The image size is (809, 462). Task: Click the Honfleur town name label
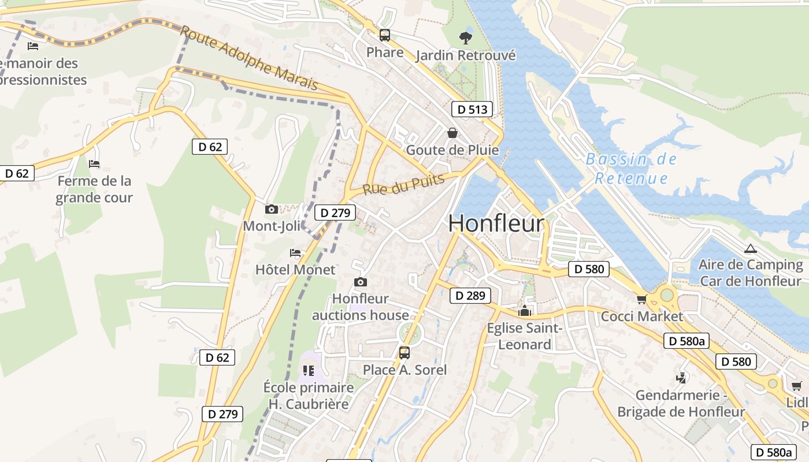(496, 223)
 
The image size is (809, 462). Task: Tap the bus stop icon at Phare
(385, 35)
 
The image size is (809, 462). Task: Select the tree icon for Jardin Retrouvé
(465, 38)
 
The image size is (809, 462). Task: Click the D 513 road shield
(473, 109)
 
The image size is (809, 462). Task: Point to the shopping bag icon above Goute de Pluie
(452, 133)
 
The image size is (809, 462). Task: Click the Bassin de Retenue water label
(631, 169)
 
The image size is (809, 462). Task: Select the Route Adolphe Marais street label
(249, 57)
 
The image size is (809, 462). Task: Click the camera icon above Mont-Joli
(271, 209)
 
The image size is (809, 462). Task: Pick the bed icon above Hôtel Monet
(295, 253)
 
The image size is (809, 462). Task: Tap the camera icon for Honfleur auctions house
(361, 282)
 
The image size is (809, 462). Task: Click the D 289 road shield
(470, 296)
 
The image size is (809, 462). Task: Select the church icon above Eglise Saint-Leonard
(525, 311)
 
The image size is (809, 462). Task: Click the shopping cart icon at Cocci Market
(641, 299)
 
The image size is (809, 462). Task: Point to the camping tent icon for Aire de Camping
(751, 249)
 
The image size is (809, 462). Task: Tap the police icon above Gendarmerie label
(681, 378)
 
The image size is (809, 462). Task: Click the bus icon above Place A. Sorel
(404, 352)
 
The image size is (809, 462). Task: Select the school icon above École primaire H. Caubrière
(309, 370)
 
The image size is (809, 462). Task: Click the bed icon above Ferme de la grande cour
(94, 164)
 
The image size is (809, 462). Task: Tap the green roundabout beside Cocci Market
(667, 295)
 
